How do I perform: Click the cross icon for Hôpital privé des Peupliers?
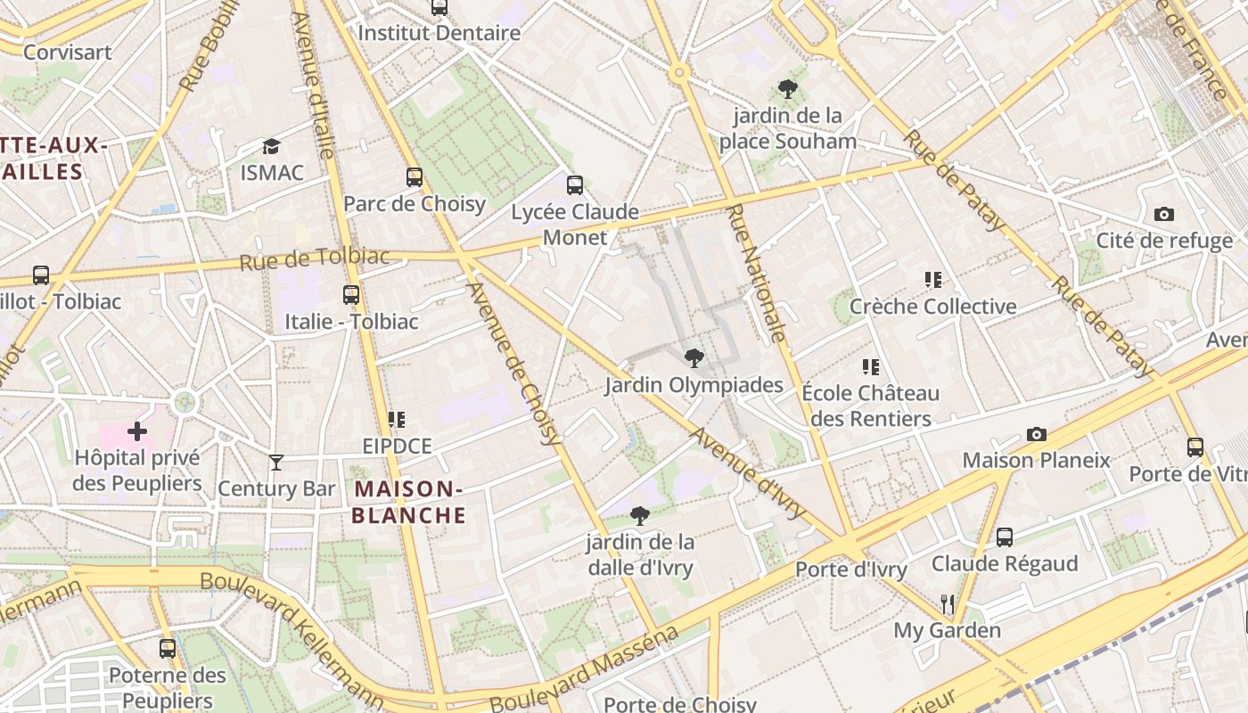pos(136,431)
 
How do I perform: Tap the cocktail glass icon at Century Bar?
pos(276,462)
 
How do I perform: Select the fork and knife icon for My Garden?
pos(948,604)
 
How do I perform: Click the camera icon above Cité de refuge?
pos(1163,214)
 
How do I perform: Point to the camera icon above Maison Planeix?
pos(1036,434)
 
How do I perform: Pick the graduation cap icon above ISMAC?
pos(271,146)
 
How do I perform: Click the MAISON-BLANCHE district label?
pos(408,502)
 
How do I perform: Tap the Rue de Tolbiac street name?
pos(315,259)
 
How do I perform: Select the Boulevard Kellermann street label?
pos(291,632)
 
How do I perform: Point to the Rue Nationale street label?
pos(757,273)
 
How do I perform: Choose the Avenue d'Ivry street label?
pos(748,473)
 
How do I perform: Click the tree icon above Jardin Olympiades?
pos(694,358)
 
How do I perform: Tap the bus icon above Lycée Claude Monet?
pos(575,185)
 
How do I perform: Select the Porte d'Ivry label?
pos(850,570)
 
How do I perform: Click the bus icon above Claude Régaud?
pos(1004,537)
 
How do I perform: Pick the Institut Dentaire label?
pos(439,33)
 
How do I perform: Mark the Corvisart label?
pos(68,52)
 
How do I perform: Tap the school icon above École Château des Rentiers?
pos(871,366)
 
